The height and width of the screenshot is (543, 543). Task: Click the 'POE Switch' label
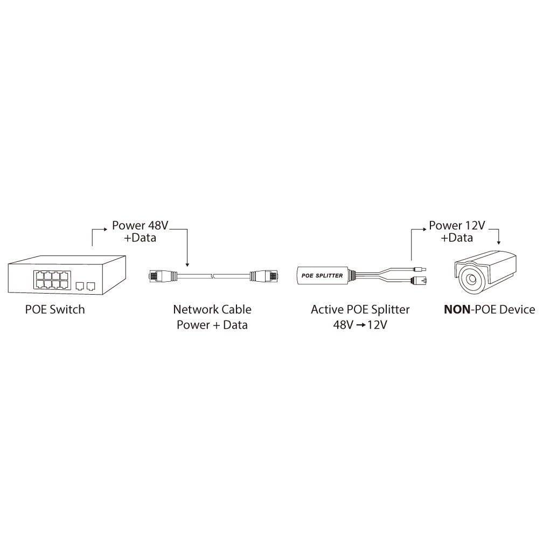click(55, 309)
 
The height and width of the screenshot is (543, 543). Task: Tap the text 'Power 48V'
click(137, 225)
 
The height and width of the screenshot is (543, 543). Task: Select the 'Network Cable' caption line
click(212, 309)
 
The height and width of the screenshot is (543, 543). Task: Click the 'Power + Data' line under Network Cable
click(212, 325)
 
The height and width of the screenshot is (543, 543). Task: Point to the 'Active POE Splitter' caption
click(360, 309)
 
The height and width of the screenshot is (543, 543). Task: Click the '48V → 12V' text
click(360, 325)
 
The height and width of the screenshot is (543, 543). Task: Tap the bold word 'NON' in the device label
click(456, 309)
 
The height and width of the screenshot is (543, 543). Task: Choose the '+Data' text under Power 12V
click(457, 238)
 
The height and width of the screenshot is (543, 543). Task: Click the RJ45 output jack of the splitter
click(419, 280)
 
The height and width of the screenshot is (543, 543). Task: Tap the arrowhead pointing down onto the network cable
click(187, 264)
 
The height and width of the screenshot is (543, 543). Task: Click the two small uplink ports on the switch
click(85, 284)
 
